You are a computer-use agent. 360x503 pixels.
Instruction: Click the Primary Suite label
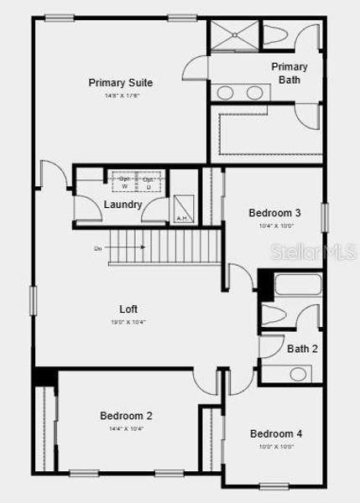click(121, 82)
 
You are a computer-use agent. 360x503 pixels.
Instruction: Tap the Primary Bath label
click(290, 73)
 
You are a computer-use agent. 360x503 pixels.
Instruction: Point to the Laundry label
click(123, 205)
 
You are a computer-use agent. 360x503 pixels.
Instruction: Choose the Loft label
click(128, 309)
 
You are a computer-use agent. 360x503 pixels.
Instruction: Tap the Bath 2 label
click(302, 349)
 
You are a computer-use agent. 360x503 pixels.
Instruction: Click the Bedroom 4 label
click(275, 433)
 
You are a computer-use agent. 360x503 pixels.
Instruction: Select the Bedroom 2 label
click(126, 416)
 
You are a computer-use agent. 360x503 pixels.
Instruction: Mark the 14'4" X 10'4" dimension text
click(126, 429)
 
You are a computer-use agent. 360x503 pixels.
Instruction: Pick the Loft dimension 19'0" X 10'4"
click(128, 322)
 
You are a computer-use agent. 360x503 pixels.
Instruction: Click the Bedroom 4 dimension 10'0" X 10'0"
click(275, 447)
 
